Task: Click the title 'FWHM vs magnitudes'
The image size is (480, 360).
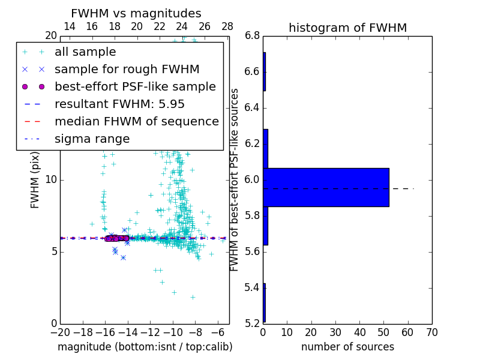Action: coord(136,13)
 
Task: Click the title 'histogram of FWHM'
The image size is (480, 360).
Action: coord(347,28)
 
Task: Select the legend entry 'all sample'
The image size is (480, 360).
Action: coord(85,52)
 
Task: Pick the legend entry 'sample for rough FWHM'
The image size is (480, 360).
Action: coord(127,69)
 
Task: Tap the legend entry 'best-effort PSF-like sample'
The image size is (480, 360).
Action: coord(135,86)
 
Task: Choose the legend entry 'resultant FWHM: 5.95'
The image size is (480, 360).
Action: coord(119,104)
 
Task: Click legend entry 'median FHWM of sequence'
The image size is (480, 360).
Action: coord(136,121)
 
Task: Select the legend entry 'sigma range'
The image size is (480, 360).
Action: coord(92,139)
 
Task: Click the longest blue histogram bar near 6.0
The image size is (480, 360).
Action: coord(326,187)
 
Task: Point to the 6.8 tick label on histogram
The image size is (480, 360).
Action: coord(253,36)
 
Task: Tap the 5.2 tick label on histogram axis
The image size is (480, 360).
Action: coord(253,323)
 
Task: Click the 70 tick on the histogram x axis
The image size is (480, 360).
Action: coord(431,332)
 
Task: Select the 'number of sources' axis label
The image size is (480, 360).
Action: coord(347,347)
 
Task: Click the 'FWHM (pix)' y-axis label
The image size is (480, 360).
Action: coord(35,179)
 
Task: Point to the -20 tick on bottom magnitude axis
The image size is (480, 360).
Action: coord(60,332)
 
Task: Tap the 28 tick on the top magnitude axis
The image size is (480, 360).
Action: coord(227,26)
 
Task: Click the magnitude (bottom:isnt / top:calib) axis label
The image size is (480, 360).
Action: coord(145,347)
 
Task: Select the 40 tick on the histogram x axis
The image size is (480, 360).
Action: coord(359,332)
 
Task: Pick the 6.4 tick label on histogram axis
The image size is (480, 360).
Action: coord(253,108)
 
